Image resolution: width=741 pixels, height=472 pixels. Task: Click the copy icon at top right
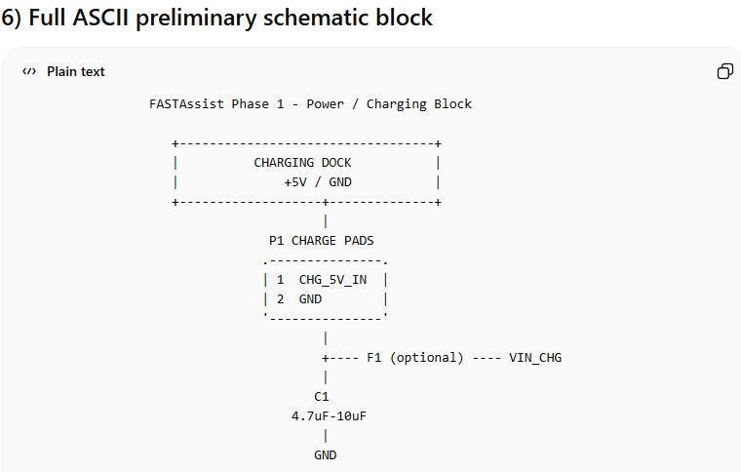pyautogui.click(x=724, y=71)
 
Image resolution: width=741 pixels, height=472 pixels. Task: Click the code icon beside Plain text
pyautogui.click(x=29, y=71)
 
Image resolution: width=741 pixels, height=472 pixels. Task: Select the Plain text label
pyautogui.click(x=75, y=71)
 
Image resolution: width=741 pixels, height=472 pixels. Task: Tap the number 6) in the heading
pyautogui.click(x=15, y=18)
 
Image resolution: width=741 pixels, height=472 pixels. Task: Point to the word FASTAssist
pyautogui.click(x=186, y=103)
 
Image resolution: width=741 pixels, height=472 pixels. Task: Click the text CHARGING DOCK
pyautogui.click(x=302, y=163)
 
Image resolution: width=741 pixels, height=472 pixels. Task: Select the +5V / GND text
pyautogui.click(x=318, y=182)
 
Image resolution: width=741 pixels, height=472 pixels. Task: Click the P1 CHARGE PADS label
pyautogui.click(x=321, y=240)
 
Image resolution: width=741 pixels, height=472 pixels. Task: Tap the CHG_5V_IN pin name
pyautogui.click(x=332, y=279)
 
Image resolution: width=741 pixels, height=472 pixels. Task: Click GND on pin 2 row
pyautogui.click(x=310, y=299)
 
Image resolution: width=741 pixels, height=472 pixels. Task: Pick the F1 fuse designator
pyautogui.click(x=373, y=358)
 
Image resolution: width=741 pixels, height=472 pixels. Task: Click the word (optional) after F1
pyautogui.click(x=426, y=358)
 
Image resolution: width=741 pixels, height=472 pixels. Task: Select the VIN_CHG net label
pyautogui.click(x=535, y=358)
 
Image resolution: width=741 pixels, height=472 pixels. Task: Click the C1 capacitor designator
pyautogui.click(x=322, y=397)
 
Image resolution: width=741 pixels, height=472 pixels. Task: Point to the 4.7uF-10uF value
pyautogui.click(x=329, y=416)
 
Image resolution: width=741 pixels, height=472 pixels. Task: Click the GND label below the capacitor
pyautogui.click(x=325, y=455)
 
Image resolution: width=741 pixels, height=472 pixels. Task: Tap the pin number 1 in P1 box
pyautogui.click(x=280, y=279)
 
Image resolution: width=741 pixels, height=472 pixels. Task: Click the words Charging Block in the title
pyautogui.click(x=419, y=103)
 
